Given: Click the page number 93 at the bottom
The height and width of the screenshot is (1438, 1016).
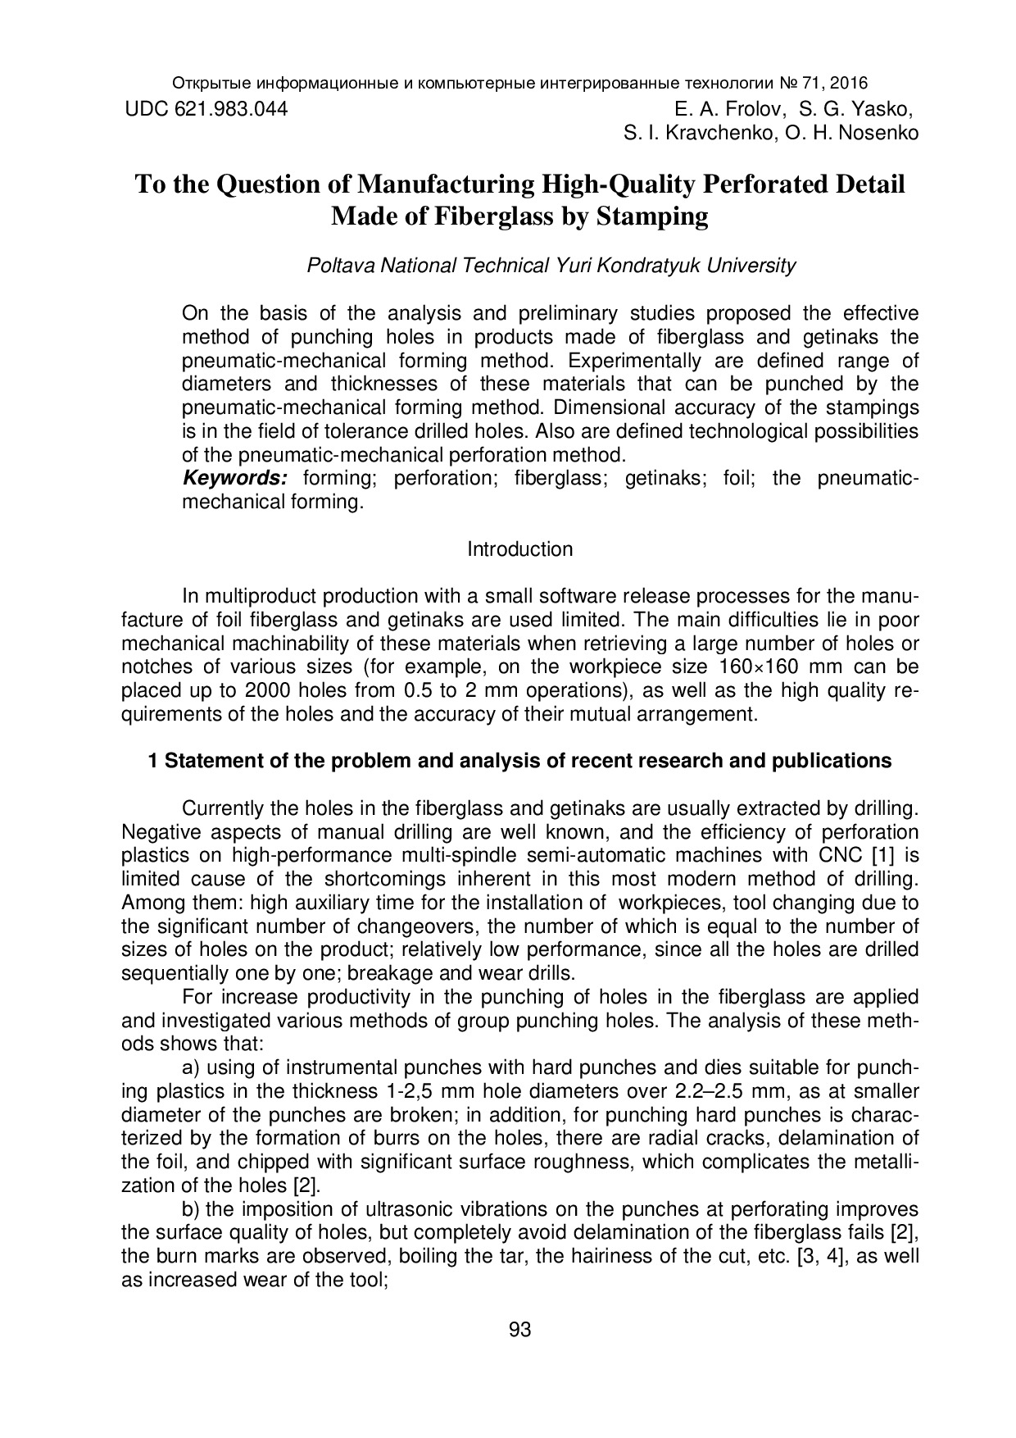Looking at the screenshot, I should (519, 1330).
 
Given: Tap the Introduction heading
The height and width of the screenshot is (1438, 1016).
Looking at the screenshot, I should (519, 549).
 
